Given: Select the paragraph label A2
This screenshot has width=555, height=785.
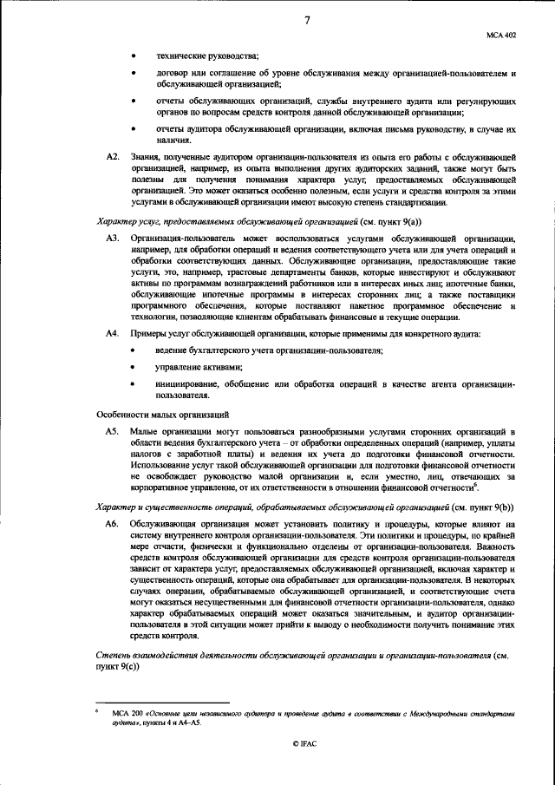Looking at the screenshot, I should point(111,155).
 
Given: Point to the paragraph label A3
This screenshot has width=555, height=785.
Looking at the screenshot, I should point(111,237).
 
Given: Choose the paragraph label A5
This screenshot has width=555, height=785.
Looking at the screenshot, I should point(111,430).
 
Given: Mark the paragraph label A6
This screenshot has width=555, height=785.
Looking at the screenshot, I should point(111,525).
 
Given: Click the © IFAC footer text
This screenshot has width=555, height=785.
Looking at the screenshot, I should point(306,768).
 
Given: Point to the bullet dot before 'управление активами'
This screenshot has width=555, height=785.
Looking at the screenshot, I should point(133,366).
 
